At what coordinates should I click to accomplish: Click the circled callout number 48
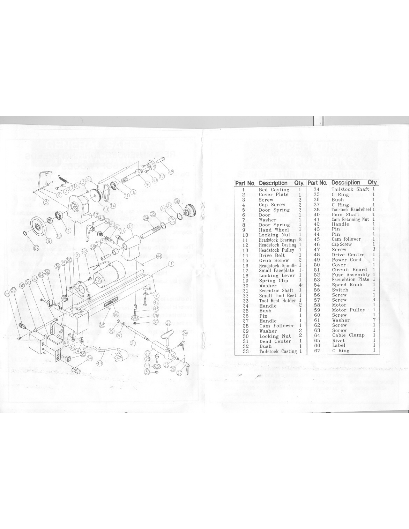click(x=171, y=171)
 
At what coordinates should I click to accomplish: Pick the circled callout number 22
click(x=169, y=323)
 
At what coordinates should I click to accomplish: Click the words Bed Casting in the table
click(x=274, y=190)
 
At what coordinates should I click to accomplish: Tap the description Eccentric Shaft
click(x=276, y=291)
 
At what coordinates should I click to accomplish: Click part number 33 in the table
click(x=246, y=351)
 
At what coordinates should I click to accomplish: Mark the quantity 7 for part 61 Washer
click(x=374, y=320)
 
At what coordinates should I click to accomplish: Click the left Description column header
click(x=273, y=183)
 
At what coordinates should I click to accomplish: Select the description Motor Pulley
click(x=348, y=310)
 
